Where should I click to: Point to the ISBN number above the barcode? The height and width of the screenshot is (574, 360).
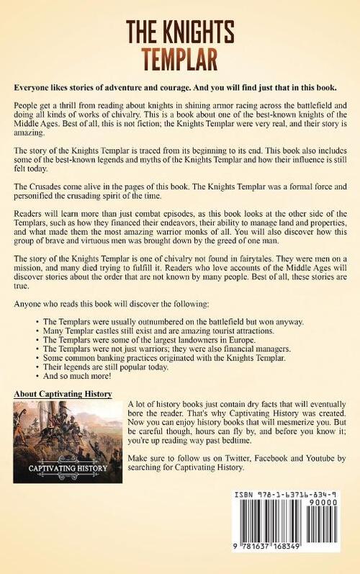[296, 496]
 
